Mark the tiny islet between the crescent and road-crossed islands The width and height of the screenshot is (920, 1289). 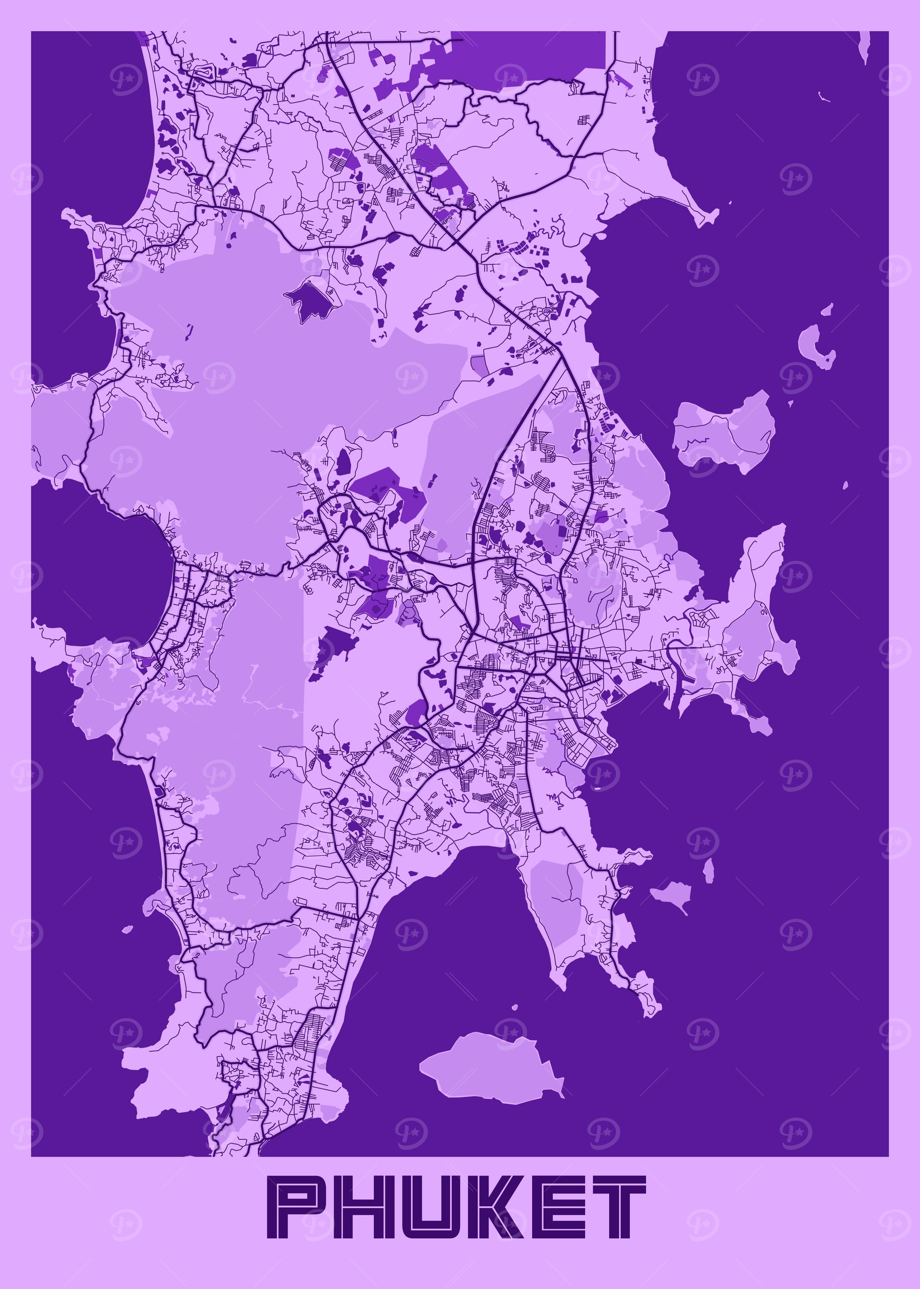790,404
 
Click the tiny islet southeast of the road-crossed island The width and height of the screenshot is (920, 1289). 845,486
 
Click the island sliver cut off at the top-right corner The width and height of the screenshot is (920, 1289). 865,45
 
